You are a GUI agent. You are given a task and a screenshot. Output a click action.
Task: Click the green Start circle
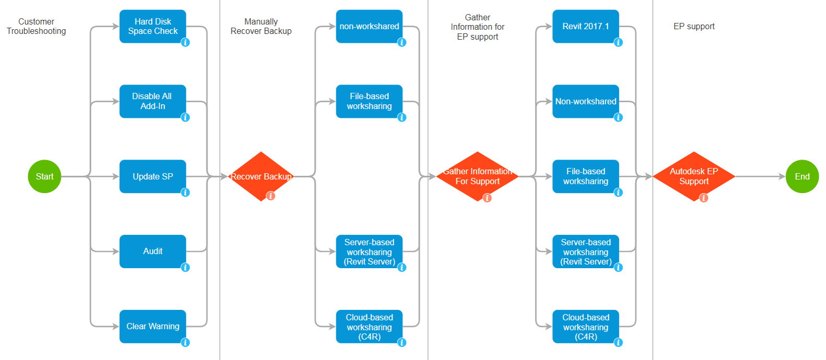coord(44,176)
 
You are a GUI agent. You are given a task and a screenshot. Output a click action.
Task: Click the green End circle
coord(802,176)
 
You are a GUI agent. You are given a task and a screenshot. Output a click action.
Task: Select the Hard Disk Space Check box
coord(153,26)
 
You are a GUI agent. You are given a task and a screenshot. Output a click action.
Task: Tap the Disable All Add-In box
coord(153,101)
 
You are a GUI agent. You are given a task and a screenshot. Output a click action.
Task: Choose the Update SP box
coord(153,176)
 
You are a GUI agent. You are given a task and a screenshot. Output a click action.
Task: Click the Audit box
coord(153,251)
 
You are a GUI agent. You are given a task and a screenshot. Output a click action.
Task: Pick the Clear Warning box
coord(153,327)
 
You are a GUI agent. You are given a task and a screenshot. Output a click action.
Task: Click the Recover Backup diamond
coord(261,176)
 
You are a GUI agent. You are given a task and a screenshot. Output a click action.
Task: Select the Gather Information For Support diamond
coord(477,176)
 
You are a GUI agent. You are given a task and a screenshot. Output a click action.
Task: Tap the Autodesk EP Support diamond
coord(694,176)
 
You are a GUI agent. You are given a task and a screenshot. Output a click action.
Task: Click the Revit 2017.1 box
coord(586,26)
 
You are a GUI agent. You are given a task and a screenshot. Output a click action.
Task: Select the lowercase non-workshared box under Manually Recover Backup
coord(369,26)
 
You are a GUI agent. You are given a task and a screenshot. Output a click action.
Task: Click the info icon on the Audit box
coord(185,268)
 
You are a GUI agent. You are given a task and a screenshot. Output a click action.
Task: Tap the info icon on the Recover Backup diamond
coord(271,196)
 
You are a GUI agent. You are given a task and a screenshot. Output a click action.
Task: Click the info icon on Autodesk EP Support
coord(703,198)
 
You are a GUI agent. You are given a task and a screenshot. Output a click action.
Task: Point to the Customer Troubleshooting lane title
coord(36,26)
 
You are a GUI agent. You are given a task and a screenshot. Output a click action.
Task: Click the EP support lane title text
coord(694,26)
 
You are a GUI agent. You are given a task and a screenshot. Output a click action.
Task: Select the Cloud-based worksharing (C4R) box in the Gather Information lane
coord(586,327)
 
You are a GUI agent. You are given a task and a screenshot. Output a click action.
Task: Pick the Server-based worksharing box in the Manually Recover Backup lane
coord(369,251)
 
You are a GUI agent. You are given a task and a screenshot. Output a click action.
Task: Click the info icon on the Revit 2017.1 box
coord(618,42)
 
